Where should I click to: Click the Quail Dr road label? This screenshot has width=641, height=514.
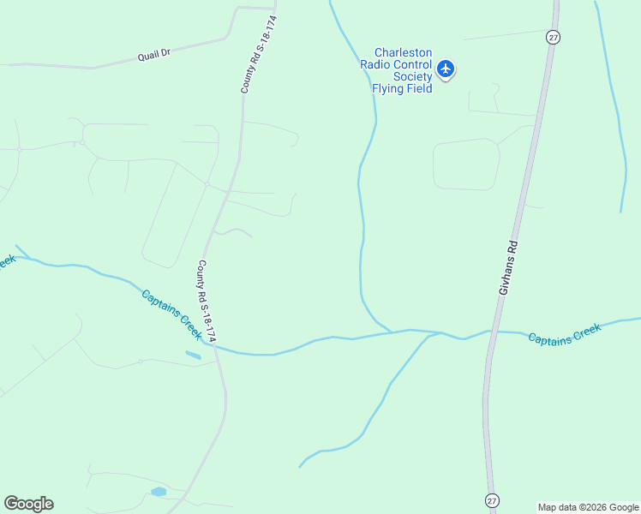155,54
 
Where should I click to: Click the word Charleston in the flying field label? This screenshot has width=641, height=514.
403,53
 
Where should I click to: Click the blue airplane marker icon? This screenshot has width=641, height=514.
446,69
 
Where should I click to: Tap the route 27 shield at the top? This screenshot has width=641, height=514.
553,37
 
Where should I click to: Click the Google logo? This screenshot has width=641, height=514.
28,504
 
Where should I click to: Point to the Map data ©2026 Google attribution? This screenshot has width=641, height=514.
588,507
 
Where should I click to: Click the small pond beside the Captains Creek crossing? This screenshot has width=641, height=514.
193,355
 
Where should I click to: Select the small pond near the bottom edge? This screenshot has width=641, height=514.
158,492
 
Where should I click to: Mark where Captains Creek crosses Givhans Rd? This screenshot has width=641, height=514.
491,332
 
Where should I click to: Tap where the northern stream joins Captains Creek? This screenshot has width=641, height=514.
392,332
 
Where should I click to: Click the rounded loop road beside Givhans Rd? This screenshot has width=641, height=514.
466,164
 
